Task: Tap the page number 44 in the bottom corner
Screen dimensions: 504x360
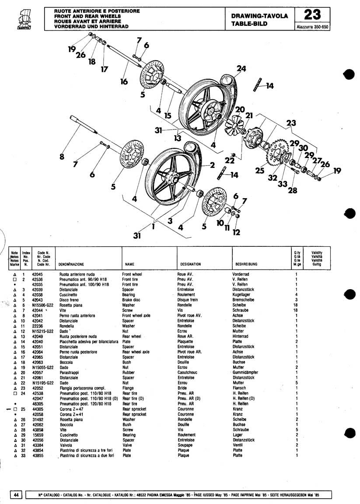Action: [x=16, y=495]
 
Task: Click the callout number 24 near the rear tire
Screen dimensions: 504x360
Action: [x=241, y=69]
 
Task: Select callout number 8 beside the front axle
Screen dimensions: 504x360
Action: [x=62, y=156]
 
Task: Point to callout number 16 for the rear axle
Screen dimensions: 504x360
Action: [x=124, y=81]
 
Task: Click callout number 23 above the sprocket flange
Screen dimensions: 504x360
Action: [x=290, y=123]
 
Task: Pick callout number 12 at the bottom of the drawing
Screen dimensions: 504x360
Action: [x=237, y=232]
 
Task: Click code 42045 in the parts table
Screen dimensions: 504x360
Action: [x=38, y=274]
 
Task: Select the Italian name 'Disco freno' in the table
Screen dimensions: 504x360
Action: [x=69, y=300]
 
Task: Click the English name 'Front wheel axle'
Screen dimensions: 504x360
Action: [x=136, y=315]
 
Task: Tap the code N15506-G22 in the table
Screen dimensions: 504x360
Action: [x=42, y=305]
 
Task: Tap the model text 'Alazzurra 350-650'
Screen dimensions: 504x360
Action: [x=312, y=27]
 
